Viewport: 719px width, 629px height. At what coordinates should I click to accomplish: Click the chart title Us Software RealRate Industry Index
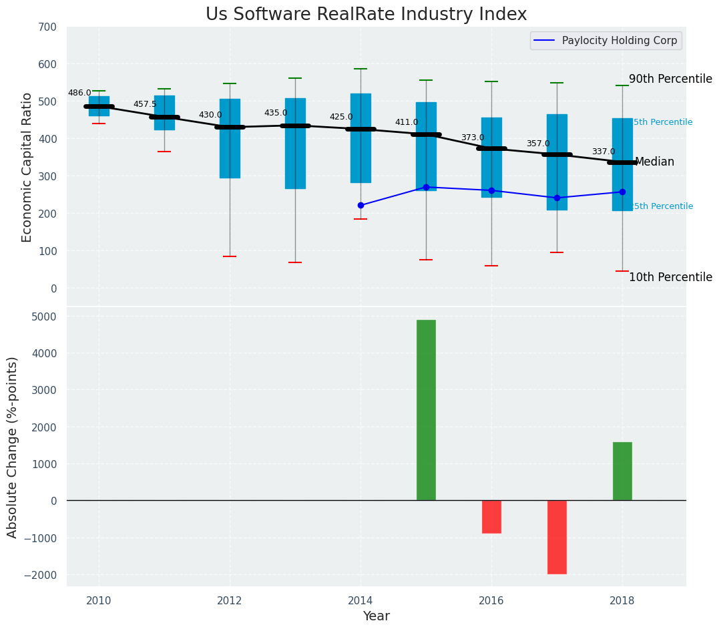pos(366,14)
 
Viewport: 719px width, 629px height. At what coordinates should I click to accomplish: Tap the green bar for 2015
pos(426,410)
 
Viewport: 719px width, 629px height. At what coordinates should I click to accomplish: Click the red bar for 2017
pos(557,537)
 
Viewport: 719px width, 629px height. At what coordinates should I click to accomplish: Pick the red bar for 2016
pos(491,517)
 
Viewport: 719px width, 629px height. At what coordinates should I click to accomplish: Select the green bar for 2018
pos(622,471)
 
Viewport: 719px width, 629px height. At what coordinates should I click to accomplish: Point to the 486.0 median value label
pos(79,93)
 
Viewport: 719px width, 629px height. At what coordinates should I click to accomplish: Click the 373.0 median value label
pos(473,138)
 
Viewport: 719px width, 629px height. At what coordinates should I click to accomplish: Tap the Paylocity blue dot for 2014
pos(361,205)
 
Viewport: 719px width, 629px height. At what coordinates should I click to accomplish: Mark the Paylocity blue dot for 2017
pos(557,198)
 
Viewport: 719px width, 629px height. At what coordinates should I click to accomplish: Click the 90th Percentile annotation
pos(670,79)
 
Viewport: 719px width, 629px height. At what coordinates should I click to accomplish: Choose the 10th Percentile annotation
pos(670,277)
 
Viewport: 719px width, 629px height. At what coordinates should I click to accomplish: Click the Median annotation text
pos(654,162)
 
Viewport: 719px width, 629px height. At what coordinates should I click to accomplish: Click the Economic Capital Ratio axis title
pos(27,167)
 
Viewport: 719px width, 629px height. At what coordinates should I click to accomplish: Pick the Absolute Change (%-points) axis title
pos(13,447)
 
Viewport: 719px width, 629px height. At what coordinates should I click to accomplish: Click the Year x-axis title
pos(376,616)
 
